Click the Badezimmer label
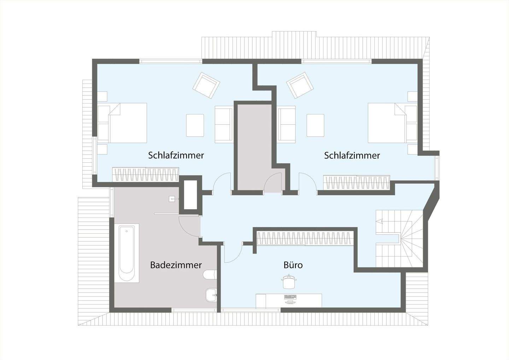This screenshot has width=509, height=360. pyautogui.click(x=176, y=265)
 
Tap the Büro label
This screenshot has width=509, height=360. pyautogui.click(x=293, y=265)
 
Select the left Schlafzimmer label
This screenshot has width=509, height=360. pyautogui.click(x=176, y=155)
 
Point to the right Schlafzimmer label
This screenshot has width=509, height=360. pyautogui.click(x=352, y=155)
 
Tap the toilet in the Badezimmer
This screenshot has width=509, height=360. pyautogui.click(x=210, y=275)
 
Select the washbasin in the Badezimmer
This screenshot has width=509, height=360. pyautogui.click(x=212, y=294)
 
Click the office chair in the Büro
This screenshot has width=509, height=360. pyautogui.click(x=289, y=281)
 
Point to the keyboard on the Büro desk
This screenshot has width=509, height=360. pyautogui.click(x=290, y=297)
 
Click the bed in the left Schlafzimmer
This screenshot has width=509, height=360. pyautogui.click(x=127, y=123)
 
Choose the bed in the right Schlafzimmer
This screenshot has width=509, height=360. pyautogui.click(x=388, y=123)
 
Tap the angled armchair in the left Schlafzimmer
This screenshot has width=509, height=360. pyautogui.click(x=206, y=85)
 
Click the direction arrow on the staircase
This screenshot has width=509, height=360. pyautogui.click(x=380, y=222)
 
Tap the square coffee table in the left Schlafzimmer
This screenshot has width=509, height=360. pyautogui.click(x=195, y=125)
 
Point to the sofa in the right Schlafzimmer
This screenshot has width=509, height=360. pyautogui.click(x=287, y=125)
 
